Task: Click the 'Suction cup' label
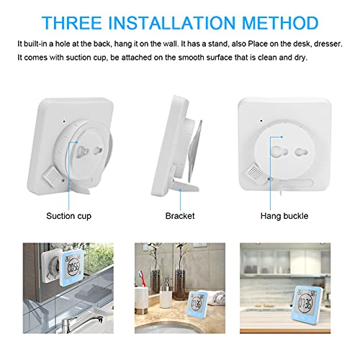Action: click(x=68, y=215)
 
